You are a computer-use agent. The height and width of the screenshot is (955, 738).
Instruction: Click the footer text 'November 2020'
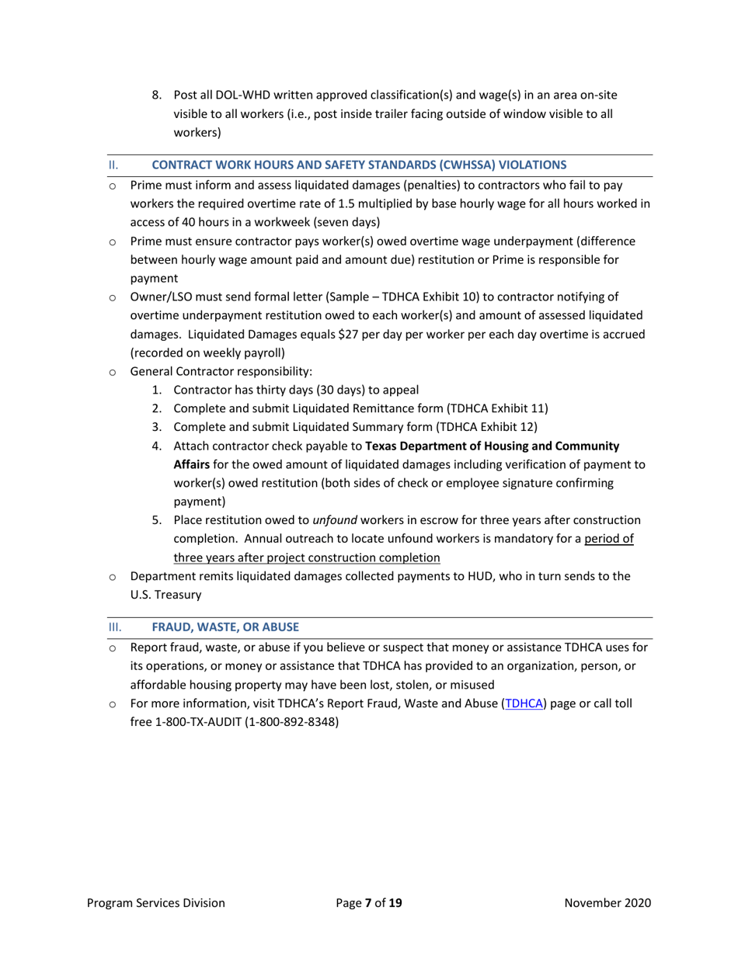coord(607,903)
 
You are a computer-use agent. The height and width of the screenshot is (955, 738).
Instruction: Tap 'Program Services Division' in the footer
coord(156,903)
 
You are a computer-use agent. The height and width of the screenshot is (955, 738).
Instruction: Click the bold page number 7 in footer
coord(368,903)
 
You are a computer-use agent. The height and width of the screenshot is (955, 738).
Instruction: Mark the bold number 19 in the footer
coord(395,903)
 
